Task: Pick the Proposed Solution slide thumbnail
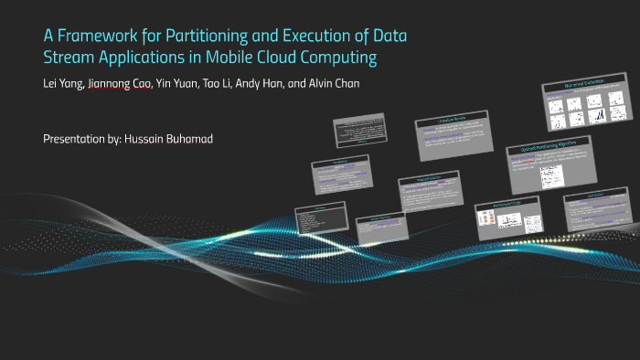(427, 193)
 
